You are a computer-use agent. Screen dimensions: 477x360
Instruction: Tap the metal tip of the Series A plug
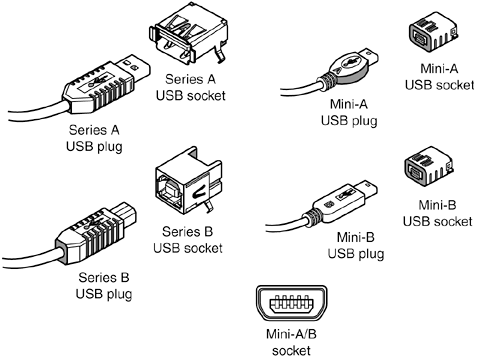(134, 69)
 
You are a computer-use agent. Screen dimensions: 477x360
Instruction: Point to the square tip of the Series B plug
(124, 213)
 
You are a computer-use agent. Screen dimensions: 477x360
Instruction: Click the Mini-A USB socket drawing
(433, 32)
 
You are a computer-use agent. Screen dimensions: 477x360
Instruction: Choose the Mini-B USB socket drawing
(430, 166)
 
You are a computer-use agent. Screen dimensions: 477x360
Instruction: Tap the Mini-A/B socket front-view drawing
(291, 303)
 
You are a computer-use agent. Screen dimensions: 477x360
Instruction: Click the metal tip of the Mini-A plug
(369, 57)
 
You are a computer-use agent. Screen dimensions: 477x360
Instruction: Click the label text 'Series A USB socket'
(191, 87)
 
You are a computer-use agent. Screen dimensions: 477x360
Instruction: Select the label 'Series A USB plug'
(94, 138)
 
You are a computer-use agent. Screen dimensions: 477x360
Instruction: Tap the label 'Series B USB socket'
(188, 240)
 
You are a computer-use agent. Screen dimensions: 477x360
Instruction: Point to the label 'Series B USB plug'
(104, 286)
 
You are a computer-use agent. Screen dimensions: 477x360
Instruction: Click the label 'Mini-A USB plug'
(349, 112)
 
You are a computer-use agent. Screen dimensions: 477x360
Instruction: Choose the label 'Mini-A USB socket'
(439, 77)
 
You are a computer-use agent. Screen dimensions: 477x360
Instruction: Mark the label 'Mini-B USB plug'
(356, 245)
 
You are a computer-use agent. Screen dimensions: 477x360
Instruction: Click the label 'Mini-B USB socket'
(437, 213)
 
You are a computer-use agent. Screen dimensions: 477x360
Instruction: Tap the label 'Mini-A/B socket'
(291, 342)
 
